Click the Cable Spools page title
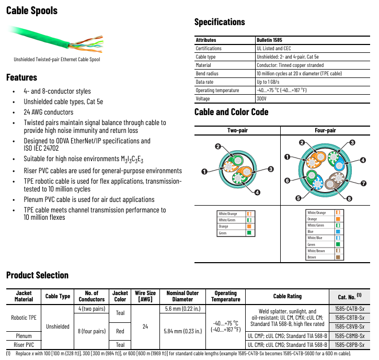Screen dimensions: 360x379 [32, 10]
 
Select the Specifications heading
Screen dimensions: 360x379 [220, 22]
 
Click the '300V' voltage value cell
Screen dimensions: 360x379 [262, 98]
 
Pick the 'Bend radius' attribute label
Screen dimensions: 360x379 [207, 73]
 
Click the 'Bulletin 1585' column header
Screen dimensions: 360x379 [270, 40]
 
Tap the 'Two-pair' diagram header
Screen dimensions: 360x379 [237, 130]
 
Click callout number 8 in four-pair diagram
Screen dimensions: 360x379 [349, 199]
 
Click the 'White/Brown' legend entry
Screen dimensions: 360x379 [316, 251]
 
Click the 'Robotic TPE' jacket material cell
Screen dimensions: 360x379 [24, 318]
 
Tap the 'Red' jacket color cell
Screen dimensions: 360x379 [120, 331]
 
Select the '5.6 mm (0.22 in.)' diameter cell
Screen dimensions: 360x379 [182, 309]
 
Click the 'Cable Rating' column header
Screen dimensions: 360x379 [287, 296]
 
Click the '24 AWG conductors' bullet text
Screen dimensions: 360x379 [49, 112]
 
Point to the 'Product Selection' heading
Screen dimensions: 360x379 [37, 275]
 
